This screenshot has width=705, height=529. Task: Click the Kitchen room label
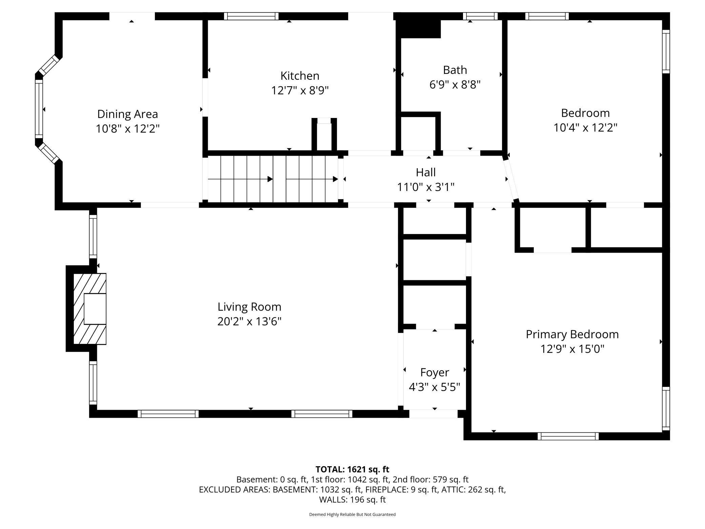[x=300, y=76]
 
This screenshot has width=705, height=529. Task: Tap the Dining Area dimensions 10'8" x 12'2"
[x=127, y=129]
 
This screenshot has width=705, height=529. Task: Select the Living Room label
[x=249, y=307]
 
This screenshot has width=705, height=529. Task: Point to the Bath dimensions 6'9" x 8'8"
[x=455, y=84]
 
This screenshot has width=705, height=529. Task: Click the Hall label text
[x=426, y=172]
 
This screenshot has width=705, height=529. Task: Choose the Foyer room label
[x=435, y=372]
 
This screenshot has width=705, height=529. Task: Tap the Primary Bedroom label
[x=572, y=334]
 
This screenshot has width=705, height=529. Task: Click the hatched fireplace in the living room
[x=90, y=309]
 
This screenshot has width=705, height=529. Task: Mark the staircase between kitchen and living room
[x=273, y=179]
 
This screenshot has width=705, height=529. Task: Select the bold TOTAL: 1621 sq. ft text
[x=352, y=469]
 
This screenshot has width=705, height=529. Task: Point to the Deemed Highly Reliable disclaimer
[x=352, y=514]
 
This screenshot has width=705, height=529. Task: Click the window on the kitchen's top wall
[x=251, y=16]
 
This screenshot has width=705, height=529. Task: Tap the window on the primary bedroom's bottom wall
[x=568, y=436]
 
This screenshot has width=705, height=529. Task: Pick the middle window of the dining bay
[x=39, y=109]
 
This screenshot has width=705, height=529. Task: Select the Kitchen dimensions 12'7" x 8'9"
[x=300, y=91]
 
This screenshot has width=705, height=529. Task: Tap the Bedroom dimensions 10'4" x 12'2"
[x=585, y=128]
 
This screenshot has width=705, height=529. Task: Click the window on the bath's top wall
[x=480, y=16]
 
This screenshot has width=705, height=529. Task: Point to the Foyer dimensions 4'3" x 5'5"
[x=435, y=387]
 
